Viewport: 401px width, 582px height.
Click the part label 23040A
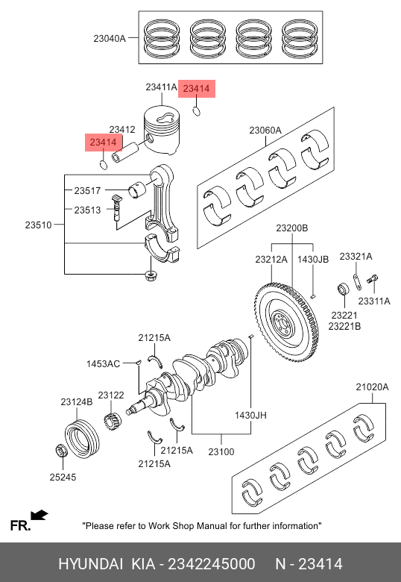pyautogui.click(x=110, y=38)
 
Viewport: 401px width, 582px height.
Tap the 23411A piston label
pyautogui.click(x=161, y=87)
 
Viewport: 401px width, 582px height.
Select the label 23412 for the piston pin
pyautogui.click(x=122, y=129)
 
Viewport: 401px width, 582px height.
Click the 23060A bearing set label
pyautogui.click(x=265, y=131)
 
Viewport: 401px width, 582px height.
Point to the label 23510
pyautogui.click(x=39, y=225)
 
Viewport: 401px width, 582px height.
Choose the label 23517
pyautogui.click(x=87, y=191)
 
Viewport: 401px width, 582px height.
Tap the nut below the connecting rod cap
pyautogui.click(x=150, y=276)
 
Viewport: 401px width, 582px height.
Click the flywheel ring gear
pyautogui.click(x=287, y=322)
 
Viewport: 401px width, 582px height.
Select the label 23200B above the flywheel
pyautogui.click(x=291, y=228)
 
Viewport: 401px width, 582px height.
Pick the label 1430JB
pyautogui.click(x=313, y=259)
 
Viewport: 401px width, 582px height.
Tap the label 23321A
pyautogui.click(x=356, y=257)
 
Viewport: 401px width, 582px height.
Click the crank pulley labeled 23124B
pyautogui.click(x=82, y=439)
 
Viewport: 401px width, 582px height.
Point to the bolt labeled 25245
pyautogui.click(x=61, y=450)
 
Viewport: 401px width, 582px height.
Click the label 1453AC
pyautogui.click(x=103, y=364)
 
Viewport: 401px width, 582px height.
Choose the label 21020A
pyautogui.click(x=372, y=387)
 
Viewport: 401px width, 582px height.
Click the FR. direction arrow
pyautogui.click(x=40, y=515)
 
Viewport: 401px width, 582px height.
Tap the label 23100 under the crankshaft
pyautogui.click(x=221, y=451)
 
